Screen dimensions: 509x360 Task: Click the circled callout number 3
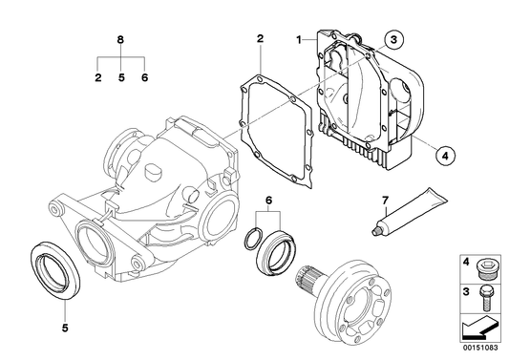(393, 40)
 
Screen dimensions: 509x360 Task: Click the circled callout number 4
(445, 156)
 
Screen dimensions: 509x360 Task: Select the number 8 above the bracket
(120, 40)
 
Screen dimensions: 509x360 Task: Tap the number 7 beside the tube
(385, 201)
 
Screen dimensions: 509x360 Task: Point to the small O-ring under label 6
(253, 239)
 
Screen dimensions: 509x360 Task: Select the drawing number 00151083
(480, 348)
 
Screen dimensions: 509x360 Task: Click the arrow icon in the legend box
(479, 328)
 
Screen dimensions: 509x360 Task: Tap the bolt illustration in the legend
(485, 298)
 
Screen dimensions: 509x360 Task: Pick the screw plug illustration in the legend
(486, 268)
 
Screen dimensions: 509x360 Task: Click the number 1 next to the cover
(299, 40)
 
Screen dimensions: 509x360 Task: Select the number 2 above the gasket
(260, 39)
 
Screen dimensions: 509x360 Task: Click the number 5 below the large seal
(65, 328)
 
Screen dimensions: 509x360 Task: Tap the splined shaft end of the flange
(306, 280)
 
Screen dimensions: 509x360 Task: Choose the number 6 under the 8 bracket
(144, 77)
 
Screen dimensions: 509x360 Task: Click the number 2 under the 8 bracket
(98, 77)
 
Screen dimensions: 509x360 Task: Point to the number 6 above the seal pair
(268, 201)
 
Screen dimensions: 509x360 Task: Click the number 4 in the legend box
(466, 262)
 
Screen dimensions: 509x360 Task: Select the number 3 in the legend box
(466, 291)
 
